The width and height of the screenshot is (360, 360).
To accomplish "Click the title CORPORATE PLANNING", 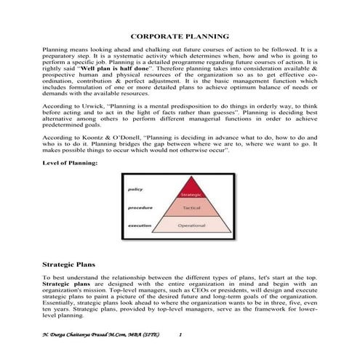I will point(180,35).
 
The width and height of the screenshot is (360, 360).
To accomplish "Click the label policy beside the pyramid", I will point(135,188).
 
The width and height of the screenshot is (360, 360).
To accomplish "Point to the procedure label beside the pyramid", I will point(139,207).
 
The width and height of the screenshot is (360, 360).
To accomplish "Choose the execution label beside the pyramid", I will point(140,226).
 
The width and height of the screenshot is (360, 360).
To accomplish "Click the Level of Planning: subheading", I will point(70,164).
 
